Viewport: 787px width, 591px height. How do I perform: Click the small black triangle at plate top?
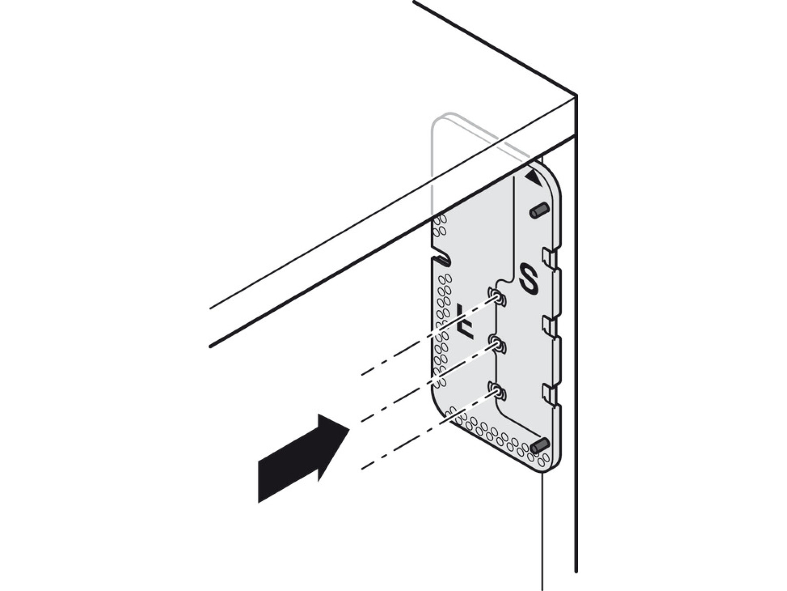[534, 177]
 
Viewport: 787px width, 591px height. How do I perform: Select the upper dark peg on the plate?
[540, 210]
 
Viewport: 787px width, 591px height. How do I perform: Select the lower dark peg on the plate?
[540, 445]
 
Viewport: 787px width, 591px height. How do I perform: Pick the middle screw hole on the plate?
[497, 345]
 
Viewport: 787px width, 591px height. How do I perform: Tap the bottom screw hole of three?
[497, 392]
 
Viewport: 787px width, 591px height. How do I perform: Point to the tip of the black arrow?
[349, 428]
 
